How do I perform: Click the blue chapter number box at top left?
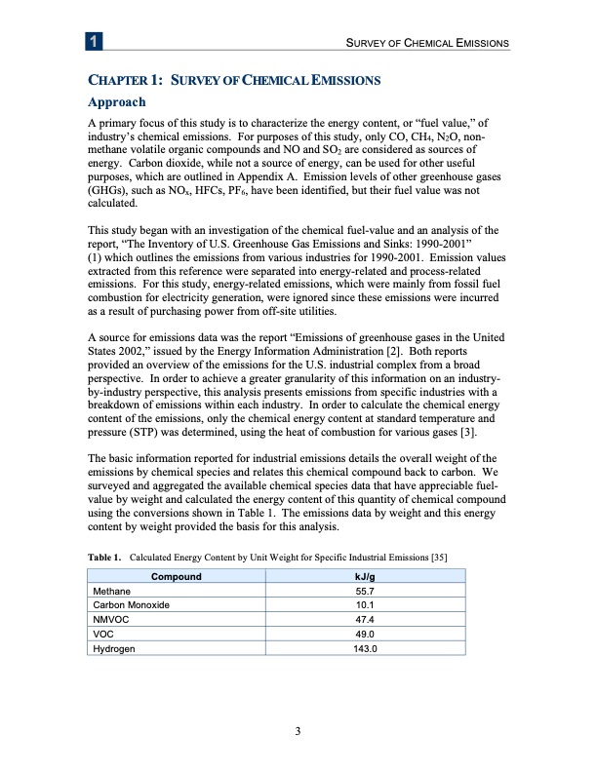tap(93, 43)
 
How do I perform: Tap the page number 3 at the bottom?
tap(298, 731)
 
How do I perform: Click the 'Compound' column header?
tap(176, 577)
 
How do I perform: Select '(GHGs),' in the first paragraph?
tap(110, 195)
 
